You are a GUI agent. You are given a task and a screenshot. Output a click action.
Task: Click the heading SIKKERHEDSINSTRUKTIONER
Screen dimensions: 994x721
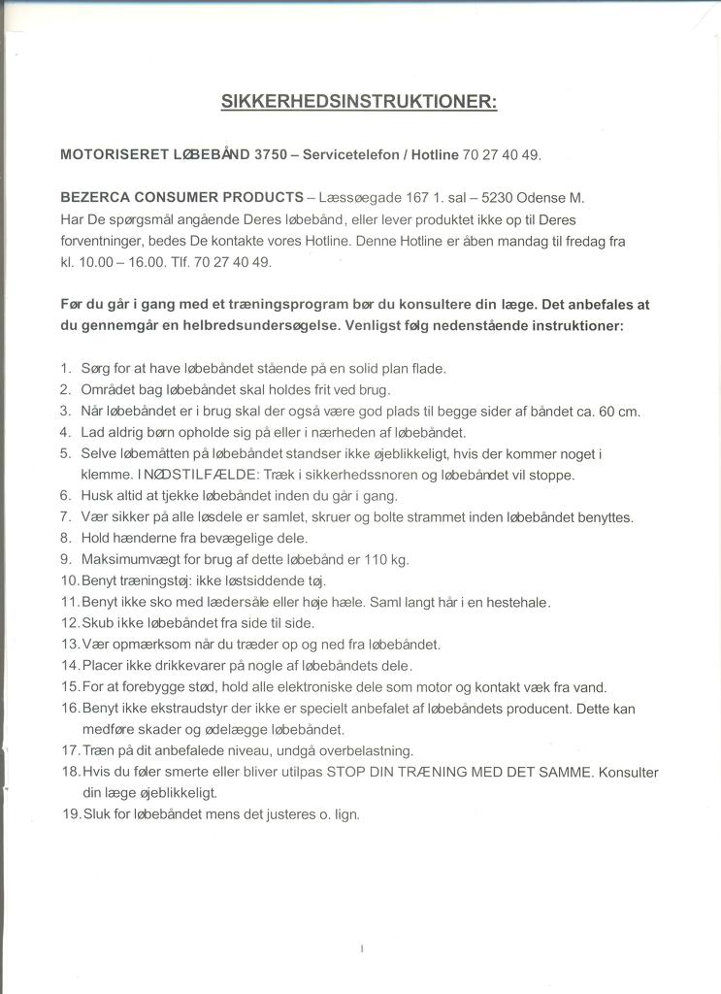359,102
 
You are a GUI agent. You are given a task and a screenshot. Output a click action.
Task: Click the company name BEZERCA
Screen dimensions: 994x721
95,197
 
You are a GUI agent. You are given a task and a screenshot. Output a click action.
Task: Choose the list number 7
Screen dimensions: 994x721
65,517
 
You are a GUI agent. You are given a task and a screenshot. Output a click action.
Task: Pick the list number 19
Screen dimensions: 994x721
70,814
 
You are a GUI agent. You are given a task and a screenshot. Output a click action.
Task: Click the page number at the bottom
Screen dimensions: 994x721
361,947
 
